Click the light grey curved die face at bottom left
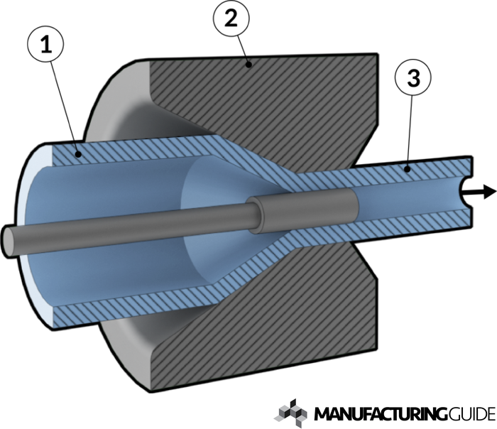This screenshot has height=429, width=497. coord(128,348)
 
